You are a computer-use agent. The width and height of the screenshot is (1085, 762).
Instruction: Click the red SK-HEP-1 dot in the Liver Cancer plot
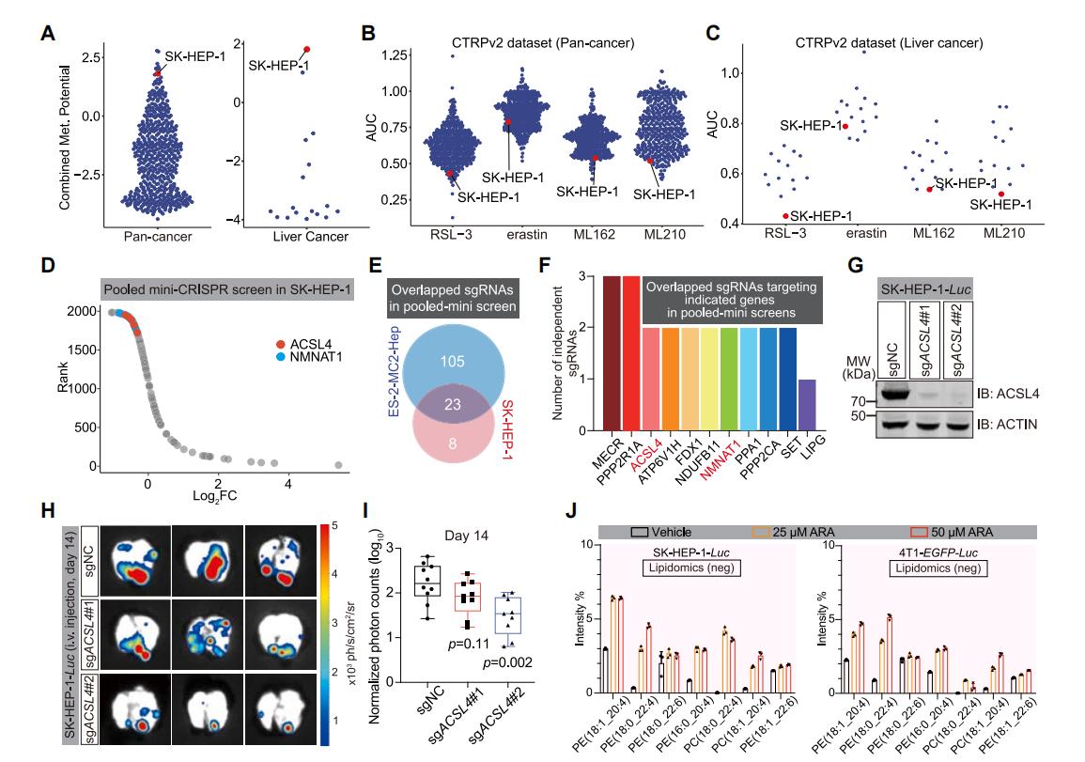(x=306, y=49)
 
